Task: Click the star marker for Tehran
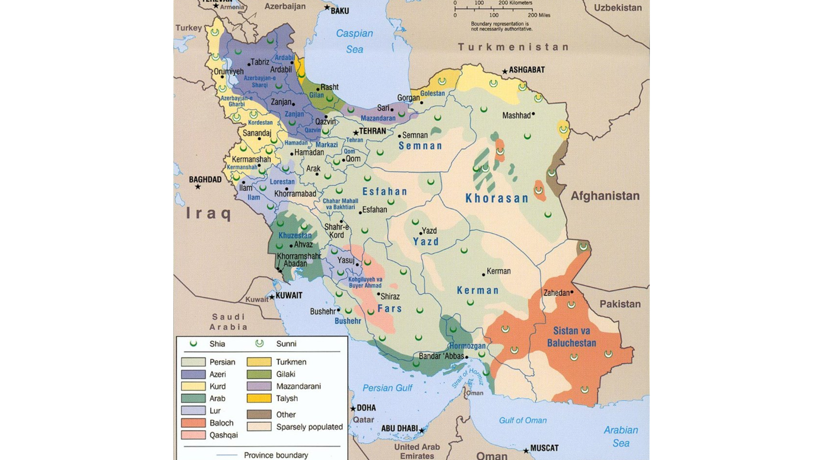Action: coord(356,133)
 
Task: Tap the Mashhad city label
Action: coord(516,115)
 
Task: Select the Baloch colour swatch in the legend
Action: coord(193,423)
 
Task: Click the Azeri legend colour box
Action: coord(193,374)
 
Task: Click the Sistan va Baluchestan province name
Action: coord(574,337)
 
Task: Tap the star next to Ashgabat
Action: coord(505,71)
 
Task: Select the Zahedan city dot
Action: coord(572,292)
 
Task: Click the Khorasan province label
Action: coord(497,199)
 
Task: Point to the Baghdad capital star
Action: coord(198,187)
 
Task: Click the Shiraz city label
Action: coord(390,297)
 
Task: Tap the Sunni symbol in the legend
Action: coord(259,344)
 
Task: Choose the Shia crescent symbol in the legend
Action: coord(193,344)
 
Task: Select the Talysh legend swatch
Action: coord(259,398)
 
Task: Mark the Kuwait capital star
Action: coord(272,297)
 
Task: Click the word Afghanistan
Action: coord(605,196)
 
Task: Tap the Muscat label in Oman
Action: coord(544,448)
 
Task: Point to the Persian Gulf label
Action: coord(387,388)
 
